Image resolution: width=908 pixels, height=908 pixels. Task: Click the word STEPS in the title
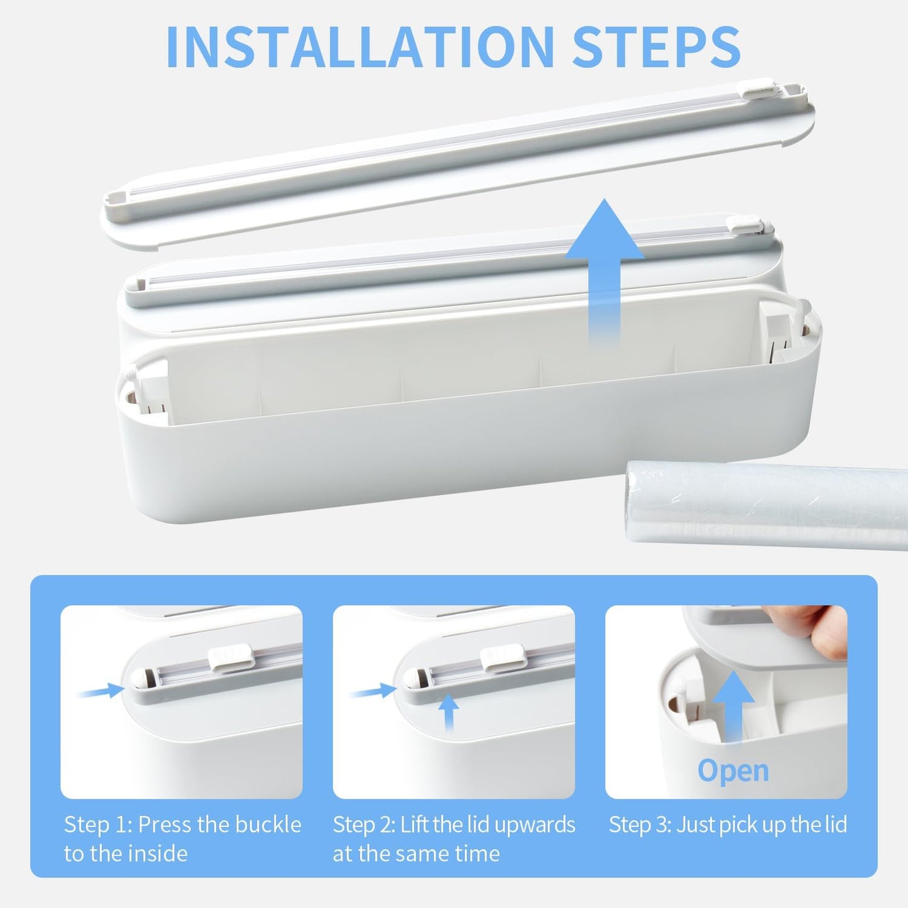[x=657, y=47]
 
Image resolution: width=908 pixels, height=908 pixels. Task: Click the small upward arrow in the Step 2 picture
[x=448, y=713]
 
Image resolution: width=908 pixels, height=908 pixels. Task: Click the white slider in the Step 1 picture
[x=231, y=658]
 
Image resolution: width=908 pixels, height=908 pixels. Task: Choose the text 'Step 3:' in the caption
[x=640, y=826]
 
